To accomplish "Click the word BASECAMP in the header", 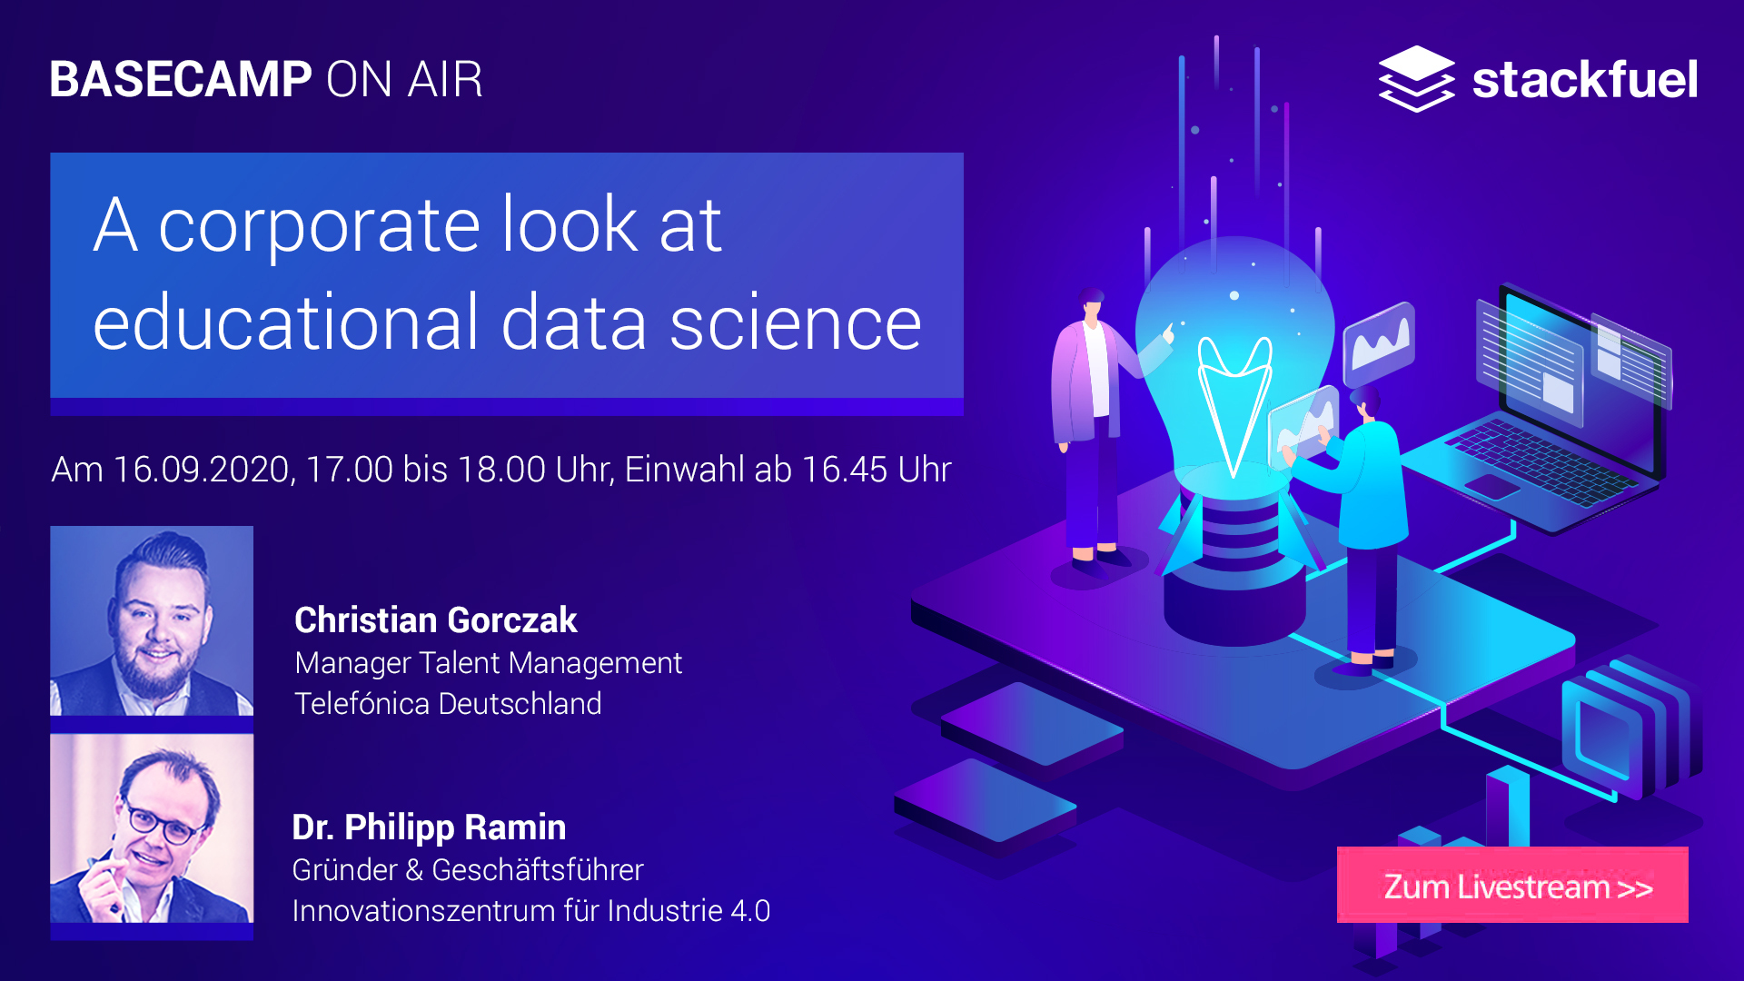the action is coord(181,79).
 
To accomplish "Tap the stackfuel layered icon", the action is coord(1416,79).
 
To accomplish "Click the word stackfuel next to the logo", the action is coord(1585,79).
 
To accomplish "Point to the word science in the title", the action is coord(796,322).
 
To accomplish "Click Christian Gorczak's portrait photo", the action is coord(152,621).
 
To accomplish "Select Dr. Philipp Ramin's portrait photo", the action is coord(152,828).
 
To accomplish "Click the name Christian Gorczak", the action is coord(436,620).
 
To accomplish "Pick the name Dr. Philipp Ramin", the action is coord(429,827).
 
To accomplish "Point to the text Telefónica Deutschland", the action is coord(448,704).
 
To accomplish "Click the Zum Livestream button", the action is coord(1512,886).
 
